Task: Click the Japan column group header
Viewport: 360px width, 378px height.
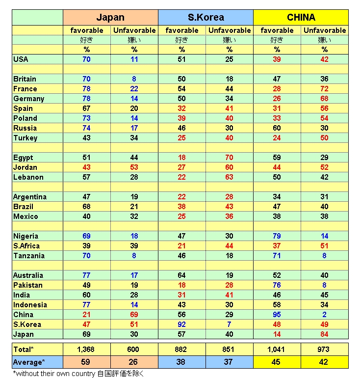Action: (x=110, y=18)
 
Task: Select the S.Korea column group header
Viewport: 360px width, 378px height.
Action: (x=206, y=18)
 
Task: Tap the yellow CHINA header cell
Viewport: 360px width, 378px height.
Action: (x=301, y=18)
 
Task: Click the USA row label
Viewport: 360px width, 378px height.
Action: (x=21, y=59)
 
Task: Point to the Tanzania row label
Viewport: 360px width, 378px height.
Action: (x=29, y=256)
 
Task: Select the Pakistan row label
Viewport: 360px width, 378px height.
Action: (x=28, y=285)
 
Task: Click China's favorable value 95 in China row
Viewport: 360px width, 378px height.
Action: (x=277, y=315)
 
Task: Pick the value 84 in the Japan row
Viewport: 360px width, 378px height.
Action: (x=324, y=334)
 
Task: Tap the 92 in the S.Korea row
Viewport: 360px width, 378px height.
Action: (x=182, y=324)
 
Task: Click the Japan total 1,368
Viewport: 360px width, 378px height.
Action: (x=86, y=350)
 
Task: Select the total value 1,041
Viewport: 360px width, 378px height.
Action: (x=277, y=350)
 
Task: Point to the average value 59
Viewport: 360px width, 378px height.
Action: (x=86, y=362)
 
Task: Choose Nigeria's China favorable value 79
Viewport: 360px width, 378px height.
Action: (x=277, y=236)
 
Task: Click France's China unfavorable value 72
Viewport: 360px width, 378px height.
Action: (x=324, y=89)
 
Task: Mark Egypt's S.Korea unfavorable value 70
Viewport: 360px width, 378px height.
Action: (x=229, y=158)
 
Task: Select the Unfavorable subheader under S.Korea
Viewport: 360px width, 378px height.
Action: (x=229, y=30)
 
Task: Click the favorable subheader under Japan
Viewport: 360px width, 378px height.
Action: (x=86, y=30)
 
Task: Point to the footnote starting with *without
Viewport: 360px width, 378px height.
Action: (x=78, y=373)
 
